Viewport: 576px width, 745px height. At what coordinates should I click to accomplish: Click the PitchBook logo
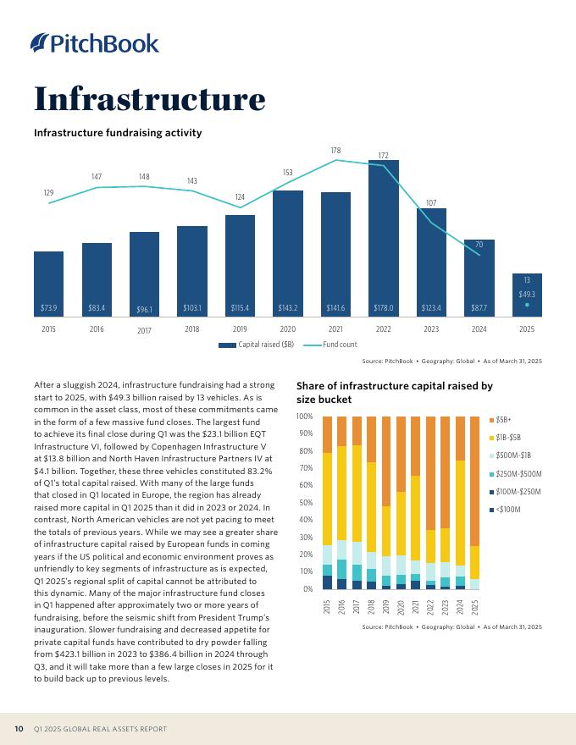click(94, 43)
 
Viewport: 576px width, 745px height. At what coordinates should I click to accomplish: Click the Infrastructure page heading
click(149, 99)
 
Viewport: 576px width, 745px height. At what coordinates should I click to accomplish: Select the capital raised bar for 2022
click(383, 237)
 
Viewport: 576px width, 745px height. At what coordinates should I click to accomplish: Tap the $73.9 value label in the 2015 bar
click(48, 307)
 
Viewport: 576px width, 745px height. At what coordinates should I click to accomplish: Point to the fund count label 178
click(335, 151)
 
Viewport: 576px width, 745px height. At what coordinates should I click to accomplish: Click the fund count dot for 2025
click(527, 305)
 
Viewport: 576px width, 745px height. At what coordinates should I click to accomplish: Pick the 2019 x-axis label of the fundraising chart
click(240, 328)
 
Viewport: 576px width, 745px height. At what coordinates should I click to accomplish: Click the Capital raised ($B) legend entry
click(255, 345)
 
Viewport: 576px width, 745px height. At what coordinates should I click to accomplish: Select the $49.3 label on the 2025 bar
click(527, 294)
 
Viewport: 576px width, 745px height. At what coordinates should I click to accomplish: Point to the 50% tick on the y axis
click(304, 503)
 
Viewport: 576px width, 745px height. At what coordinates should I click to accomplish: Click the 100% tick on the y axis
click(303, 417)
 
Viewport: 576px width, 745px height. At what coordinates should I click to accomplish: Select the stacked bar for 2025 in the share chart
click(475, 503)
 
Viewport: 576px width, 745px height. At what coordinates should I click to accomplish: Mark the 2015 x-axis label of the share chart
click(327, 607)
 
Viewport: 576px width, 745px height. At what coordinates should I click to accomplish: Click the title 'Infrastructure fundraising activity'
click(117, 133)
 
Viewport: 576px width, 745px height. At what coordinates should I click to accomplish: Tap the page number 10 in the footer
click(18, 729)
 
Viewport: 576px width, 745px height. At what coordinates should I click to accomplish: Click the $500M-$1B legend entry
click(512, 455)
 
